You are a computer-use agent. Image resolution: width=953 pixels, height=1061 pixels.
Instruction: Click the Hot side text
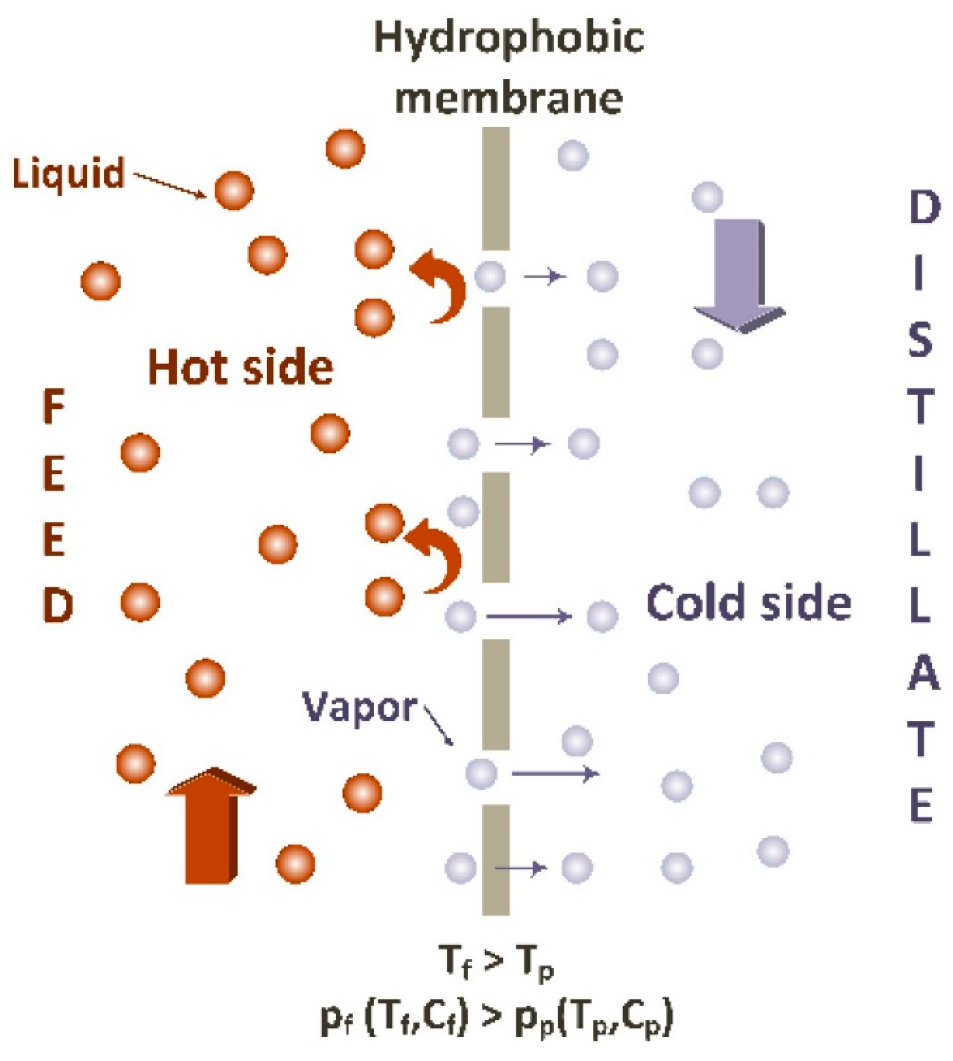pos(241,367)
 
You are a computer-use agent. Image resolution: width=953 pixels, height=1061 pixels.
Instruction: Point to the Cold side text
pos(749,602)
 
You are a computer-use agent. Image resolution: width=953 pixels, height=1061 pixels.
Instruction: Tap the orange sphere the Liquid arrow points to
pos(233,191)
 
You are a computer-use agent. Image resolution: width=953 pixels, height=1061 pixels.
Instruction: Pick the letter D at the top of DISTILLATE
pos(924,208)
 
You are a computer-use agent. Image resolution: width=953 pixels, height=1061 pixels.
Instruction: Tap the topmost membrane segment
pos(495,189)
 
